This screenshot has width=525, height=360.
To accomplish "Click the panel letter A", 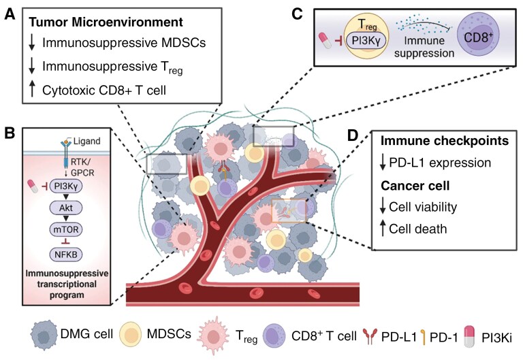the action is click(x=10, y=14).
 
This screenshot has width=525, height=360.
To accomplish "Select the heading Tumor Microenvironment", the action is click(x=106, y=22).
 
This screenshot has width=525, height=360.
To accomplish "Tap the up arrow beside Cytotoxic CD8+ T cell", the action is click(x=32, y=89).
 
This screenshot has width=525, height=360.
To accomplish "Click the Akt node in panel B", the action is click(x=66, y=208).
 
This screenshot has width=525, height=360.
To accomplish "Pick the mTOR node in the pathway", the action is click(x=66, y=229).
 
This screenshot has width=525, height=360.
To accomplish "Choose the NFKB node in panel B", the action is click(x=66, y=255).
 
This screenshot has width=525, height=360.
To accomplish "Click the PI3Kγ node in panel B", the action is click(x=66, y=186).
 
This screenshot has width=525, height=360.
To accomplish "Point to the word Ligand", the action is click(x=86, y=141).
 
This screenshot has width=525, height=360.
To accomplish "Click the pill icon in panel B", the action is click(x=33, y=186).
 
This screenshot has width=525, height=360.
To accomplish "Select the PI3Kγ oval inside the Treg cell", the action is click(x=366, y=40).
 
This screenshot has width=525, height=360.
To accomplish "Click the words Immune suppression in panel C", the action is click(x=424, y=47).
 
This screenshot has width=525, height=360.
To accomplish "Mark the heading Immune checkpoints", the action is click(x=445, y=141).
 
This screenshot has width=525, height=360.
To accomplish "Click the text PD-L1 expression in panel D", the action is click(x=440, y=163).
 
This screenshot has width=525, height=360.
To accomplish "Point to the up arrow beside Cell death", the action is click(x=383, y=228).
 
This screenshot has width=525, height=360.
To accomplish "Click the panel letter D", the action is click(x=352, y=135).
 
